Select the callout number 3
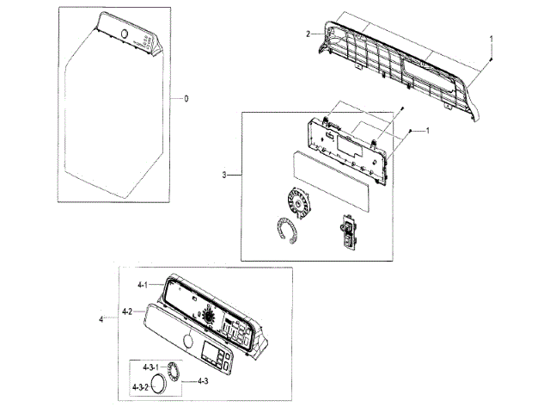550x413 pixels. point(224,176)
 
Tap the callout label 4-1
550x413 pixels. point(143,284)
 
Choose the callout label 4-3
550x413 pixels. point(204,380)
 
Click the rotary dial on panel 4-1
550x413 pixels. point(207,317)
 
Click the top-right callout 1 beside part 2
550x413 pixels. point(491,39)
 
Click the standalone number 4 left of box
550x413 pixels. point(101,319)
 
